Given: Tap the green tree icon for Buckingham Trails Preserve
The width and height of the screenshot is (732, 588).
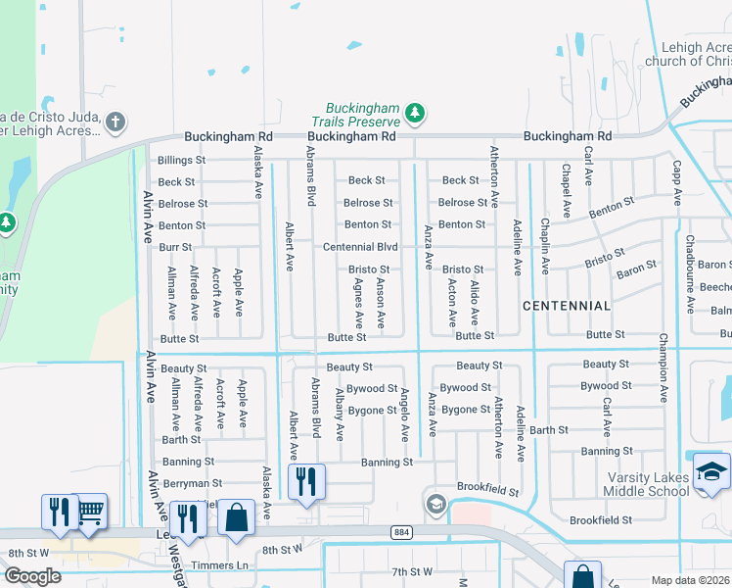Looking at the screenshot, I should coord(415,113).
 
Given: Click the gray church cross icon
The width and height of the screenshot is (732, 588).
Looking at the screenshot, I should coord(115,122).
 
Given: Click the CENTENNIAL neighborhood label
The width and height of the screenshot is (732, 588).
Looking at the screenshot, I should coord(567,306).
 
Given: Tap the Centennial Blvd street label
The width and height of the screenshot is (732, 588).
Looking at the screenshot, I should coord(360,247).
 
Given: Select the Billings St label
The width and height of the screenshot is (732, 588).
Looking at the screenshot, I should coord(182,159).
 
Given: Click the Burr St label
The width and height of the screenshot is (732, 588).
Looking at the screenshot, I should coord(175,248).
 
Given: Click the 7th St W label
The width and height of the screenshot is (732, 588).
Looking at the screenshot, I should coord(411,571).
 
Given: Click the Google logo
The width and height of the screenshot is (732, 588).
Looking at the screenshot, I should coord(32,575).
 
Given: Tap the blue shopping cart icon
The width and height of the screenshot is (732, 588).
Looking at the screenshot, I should coord(90,511).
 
